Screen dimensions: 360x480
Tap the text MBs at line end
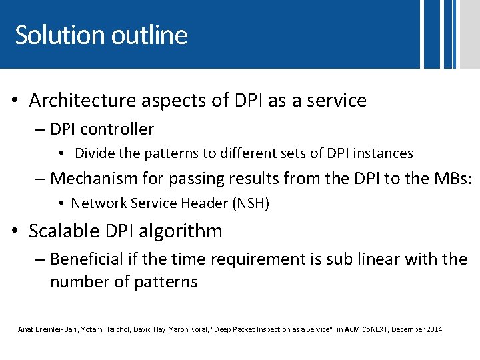pos(453,178)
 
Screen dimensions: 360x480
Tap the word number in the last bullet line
pos(75,282)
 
